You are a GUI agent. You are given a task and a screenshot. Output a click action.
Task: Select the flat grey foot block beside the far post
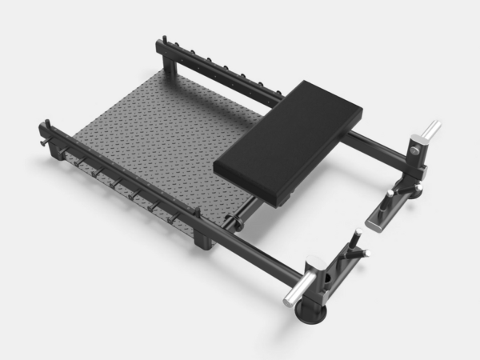386,211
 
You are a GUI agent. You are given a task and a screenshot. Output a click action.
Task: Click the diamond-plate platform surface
160,136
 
